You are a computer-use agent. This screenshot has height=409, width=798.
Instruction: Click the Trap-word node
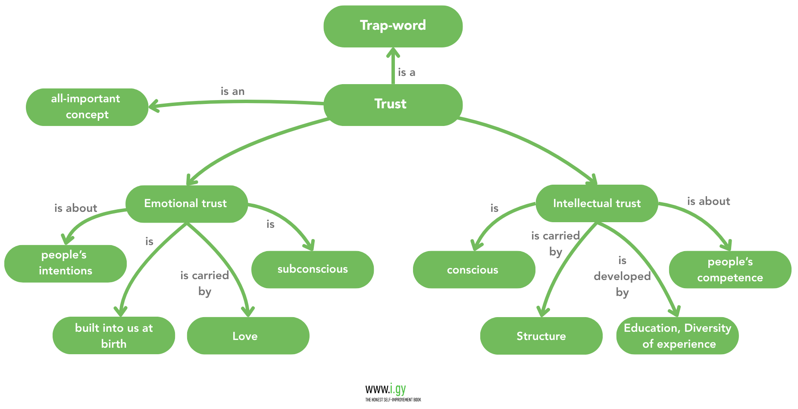pos(393,26)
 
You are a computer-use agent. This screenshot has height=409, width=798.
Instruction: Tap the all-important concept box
pos(87,107)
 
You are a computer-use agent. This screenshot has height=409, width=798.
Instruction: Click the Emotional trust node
pos(186,204)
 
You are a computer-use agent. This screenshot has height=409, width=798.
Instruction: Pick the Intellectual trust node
pos(597,203)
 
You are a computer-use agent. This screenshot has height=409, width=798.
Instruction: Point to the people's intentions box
pos(65,263)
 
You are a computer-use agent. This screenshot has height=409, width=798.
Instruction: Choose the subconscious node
pos(312,269)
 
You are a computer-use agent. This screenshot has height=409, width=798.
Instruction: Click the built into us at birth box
pos(114,336)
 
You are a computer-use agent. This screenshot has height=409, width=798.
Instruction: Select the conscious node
pos(473,270)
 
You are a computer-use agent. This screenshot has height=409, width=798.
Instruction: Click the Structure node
pos(541,336)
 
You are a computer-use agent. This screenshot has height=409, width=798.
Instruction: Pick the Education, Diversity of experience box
pos(677,336)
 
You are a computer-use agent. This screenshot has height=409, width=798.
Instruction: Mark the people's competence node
pos(730,270)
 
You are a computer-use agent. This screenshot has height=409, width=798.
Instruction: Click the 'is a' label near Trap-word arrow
pos(407,72)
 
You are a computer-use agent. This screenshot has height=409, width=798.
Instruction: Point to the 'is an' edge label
pos(232,91)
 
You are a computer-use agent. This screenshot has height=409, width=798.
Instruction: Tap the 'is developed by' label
pos(622,277)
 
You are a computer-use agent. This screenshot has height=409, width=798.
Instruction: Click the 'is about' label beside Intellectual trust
pos(708,201)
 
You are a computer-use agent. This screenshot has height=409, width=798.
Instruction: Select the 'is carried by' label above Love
pos(204,283)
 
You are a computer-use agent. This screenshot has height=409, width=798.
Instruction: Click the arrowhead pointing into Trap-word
pos(393,53)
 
